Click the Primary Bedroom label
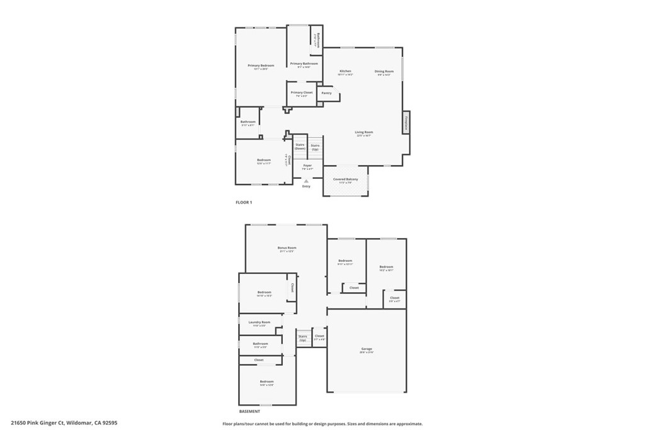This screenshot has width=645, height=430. (261, 65)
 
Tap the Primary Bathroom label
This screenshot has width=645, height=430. (304, 64)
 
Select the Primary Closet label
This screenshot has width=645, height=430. (302, 93)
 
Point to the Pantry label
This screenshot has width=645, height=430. (326, 93)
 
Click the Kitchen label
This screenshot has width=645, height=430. (345, 71)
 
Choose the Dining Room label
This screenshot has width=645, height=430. (384, 71)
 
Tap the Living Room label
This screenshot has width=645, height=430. (364, 132)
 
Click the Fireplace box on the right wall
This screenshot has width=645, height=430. (406, 122)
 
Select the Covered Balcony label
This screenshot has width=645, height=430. (346, 179)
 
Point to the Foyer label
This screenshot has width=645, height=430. (307, 166)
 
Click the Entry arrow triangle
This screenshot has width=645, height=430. (306, 181)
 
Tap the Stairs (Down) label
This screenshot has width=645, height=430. (300, 146)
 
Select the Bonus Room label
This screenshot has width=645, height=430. (287, 248)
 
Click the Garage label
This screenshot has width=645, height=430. (367, 349)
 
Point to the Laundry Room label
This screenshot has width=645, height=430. (259, 322)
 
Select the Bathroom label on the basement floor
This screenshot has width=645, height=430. (260, 344)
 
